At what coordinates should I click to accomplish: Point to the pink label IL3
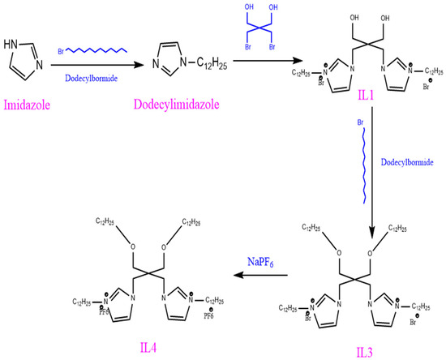(x=367, y=349)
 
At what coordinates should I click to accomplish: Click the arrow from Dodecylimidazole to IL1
(x=252, y=63)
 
